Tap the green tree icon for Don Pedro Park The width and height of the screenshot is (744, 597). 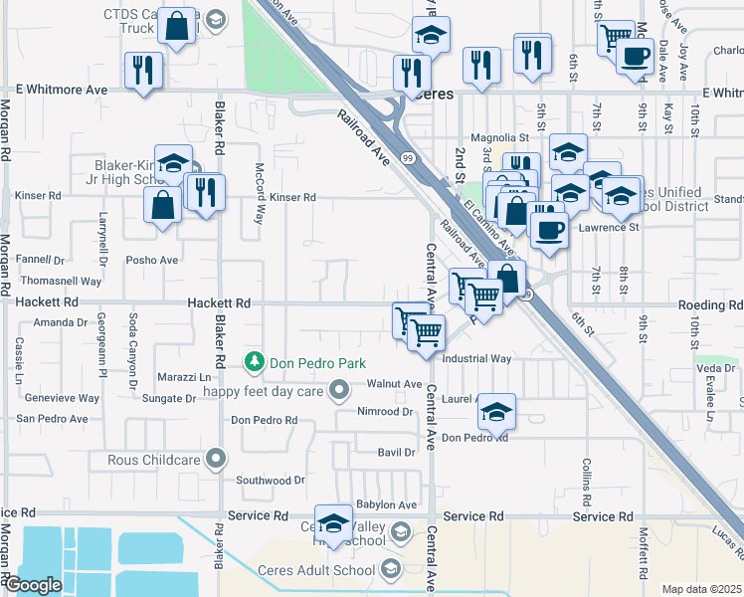pos(256,361)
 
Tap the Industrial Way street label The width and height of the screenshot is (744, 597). pos(476,358)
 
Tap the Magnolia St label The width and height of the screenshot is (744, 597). pos(499,137)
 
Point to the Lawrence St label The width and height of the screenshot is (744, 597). pos(610,227)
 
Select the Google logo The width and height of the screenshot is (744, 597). pos(33,585)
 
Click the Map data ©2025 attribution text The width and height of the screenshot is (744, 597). pos(701,589)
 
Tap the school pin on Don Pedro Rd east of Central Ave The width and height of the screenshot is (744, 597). pos(497,409)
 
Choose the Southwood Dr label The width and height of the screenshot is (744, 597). pos(271,480)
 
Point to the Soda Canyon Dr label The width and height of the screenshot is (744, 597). pos(133,349)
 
